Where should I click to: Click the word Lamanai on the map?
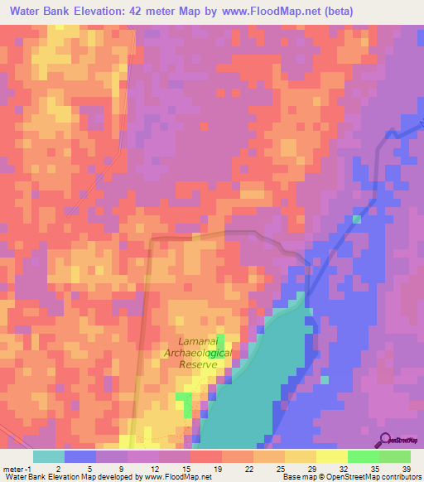(199, 341)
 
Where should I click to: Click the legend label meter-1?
(16, 468)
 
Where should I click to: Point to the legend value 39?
(406, 468)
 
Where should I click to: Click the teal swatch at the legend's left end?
(49, 456)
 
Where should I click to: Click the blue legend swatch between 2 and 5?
(80, 456)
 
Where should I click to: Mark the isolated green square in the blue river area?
(357, 219)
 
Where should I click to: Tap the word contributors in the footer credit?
(399, 477)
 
